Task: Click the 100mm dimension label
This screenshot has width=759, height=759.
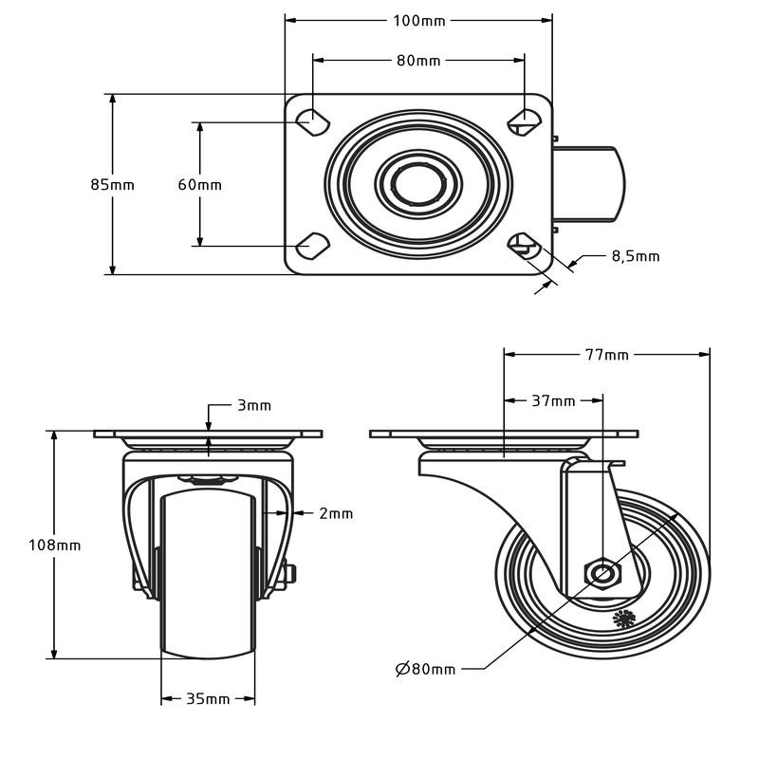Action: point(418,20)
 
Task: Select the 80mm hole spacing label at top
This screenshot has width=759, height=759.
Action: point(418,61)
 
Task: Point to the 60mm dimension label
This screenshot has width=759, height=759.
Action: point(199,185)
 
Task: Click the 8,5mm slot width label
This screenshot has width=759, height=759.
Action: point(635,256)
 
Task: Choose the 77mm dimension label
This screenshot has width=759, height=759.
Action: point(606,355)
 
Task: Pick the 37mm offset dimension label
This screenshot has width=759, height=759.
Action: point(553,401)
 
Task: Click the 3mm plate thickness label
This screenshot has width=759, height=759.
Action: point(253,405)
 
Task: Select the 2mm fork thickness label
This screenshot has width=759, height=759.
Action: point(335,513)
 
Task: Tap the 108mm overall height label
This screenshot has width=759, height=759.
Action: point(55,545)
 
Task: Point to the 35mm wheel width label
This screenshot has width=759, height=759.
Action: point(208,699)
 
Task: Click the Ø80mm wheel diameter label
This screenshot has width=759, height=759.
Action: point(425,669)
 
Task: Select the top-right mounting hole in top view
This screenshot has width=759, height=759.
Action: point(523,120)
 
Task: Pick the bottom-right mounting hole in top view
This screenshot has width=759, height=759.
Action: point(523,248)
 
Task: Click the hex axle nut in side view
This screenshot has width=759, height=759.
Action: point(602,573)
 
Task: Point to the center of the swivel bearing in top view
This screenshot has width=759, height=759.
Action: point(417,183)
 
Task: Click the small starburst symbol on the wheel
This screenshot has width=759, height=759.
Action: point(623,620)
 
